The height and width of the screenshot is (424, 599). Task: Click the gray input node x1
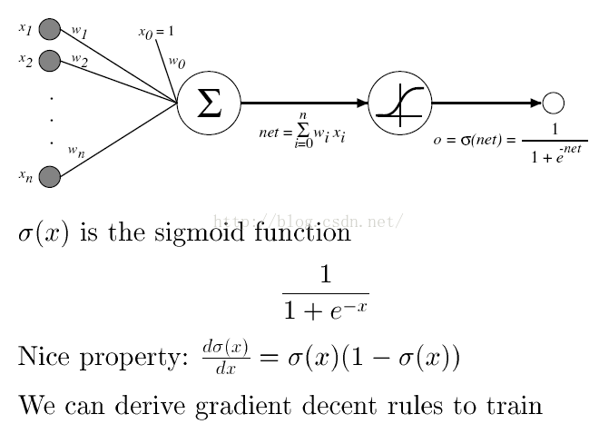coord(49,30)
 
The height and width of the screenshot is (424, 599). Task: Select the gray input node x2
coord(49,61)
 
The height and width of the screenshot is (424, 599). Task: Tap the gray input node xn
coord(49,176)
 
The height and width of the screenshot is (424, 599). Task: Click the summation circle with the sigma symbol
coord(209,104)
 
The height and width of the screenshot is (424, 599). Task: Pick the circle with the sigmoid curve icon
coord(400,104)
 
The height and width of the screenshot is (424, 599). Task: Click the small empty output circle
coord(553,104)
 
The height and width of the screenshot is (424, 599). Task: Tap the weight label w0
coord(176,64)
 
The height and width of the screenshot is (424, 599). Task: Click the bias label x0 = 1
coord(156,33)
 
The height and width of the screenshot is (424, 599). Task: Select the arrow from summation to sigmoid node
coord(304,104)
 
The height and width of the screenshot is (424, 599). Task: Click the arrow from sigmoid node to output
coord(486,104)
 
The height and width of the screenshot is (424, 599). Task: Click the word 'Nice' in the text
coord(44,357)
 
